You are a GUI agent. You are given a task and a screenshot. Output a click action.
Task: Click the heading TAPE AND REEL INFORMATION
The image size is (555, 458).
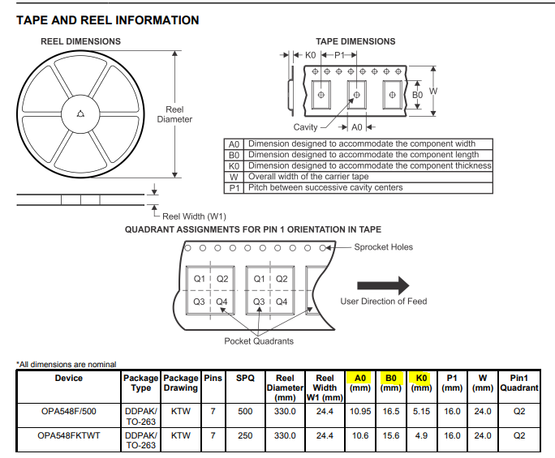point(108,20)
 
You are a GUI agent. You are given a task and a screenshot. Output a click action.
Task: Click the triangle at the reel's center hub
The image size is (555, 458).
point(80,113)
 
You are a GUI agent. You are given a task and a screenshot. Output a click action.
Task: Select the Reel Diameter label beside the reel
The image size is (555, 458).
point(174,114)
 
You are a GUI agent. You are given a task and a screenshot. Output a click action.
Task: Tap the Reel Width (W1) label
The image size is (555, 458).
point(194,216)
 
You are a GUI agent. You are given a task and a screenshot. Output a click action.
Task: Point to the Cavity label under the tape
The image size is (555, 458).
point(305,127)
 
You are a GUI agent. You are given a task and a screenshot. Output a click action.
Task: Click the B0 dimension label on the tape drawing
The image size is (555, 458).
point(417,95)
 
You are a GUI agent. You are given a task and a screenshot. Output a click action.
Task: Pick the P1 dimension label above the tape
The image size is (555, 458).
point(339,55)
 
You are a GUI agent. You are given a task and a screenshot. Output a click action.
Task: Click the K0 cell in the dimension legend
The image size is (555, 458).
point(234,166)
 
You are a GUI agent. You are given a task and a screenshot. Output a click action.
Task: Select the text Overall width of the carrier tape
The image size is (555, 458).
point(308,177)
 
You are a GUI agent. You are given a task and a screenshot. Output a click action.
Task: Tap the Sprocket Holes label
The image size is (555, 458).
point(383,247)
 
